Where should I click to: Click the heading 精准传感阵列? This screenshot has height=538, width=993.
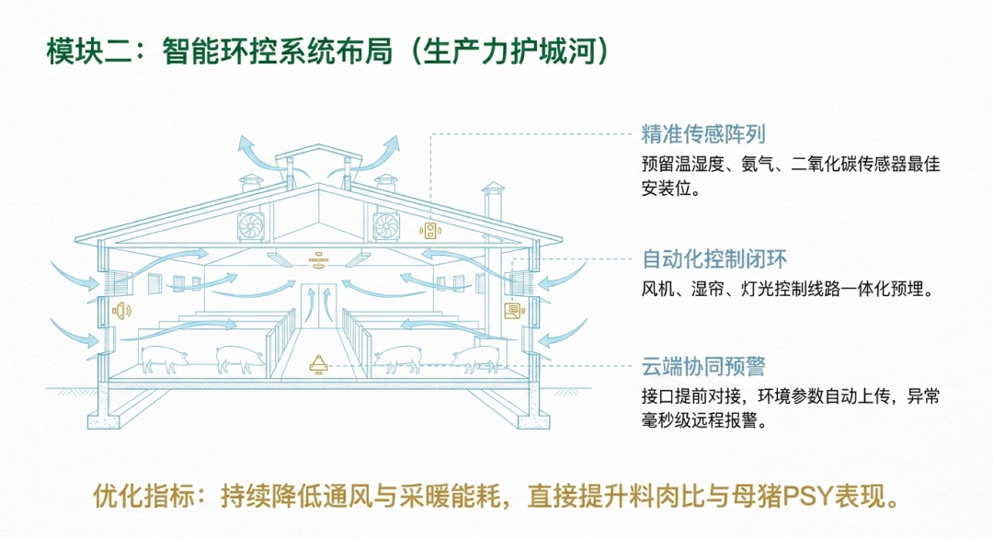click(x=703, y=133)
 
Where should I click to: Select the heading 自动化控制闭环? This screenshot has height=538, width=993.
click(x=714, y=258)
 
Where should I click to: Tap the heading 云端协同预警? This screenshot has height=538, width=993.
click(x=703, y=366)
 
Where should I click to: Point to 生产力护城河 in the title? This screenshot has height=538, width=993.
click(x=509, y=51)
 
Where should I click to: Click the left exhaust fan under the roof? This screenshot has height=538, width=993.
click(x=251, y=226)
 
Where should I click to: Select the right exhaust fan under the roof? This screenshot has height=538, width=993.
click(x=385, y=226)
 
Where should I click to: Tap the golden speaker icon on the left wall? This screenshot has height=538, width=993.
click(x=121, y=311)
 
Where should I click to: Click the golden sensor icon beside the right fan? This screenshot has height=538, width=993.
click(x=430, y=230)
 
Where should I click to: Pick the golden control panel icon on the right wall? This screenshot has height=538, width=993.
click(x=514, y=311)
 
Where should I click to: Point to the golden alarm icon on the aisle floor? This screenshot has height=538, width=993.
click(x=318, y=364)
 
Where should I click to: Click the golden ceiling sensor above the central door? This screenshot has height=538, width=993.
click(x=318, y=258)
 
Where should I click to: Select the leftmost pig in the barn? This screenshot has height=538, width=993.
click(x=164, y=360)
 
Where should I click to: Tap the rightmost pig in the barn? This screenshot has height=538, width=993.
click(x=475, y=360)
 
